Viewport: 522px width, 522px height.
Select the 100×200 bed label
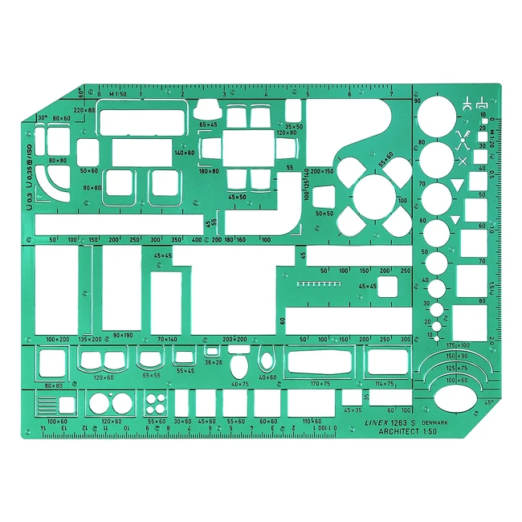point(59,340)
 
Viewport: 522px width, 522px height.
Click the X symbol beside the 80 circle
point(463,161)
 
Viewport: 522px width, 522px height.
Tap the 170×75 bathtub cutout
point(320,361)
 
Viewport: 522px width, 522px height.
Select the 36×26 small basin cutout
point(212,351)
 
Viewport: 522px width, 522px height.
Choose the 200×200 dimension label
point(234,340)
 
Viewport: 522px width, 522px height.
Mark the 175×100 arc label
point(458,345)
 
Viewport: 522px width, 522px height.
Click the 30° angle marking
point(42,117)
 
